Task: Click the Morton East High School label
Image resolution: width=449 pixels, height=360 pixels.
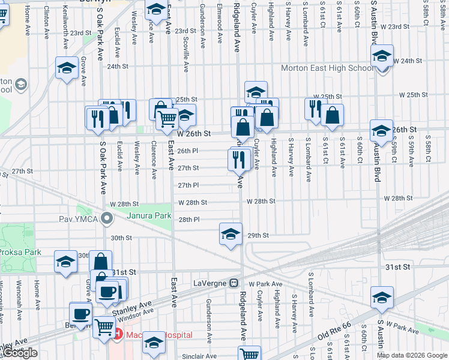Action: (327, 68)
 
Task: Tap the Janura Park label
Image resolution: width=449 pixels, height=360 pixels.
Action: (148, 215)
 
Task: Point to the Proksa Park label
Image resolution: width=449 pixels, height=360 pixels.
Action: (20, 252)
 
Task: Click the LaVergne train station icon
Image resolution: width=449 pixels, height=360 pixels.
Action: (235, 283)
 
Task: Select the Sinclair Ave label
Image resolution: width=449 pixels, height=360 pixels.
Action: (199, 356)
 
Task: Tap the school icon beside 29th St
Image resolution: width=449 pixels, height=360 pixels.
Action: (230, 234)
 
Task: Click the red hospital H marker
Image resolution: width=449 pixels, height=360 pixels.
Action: (118, 334)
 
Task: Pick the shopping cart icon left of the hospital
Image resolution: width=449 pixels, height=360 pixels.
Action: (104, 328)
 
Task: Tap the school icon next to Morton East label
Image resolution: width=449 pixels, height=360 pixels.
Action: (382, 57)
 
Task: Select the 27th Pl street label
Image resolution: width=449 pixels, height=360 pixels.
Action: (188, 185)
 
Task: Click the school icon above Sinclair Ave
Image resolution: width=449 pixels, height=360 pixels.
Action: (154, 343)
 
